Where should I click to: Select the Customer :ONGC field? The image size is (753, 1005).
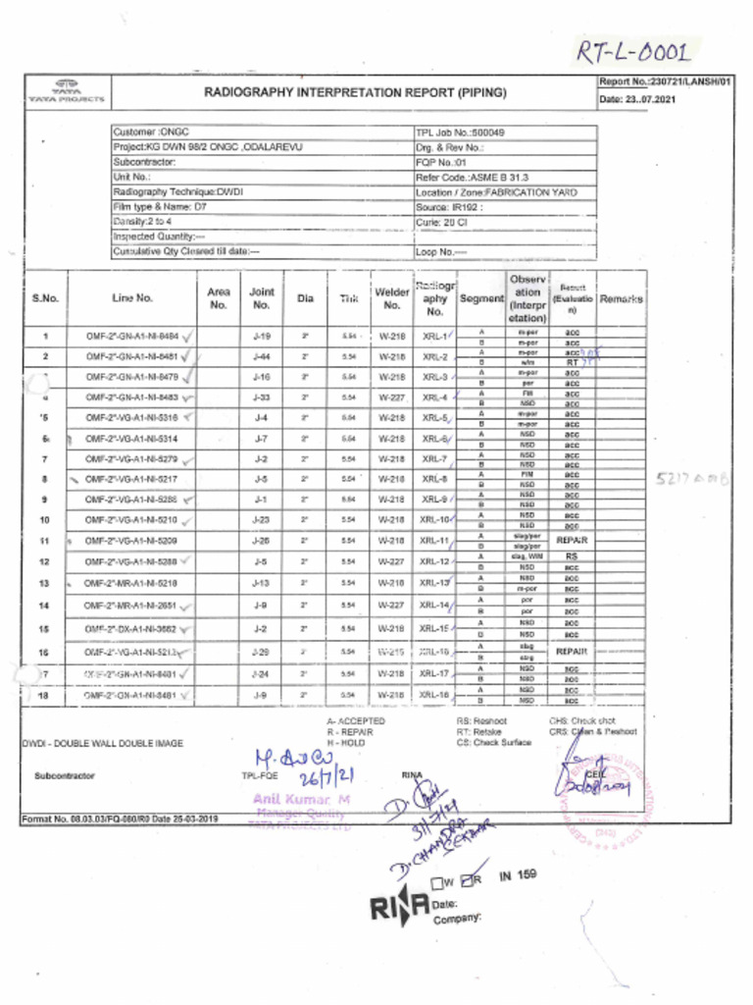152,132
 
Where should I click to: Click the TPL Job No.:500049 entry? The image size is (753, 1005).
460,132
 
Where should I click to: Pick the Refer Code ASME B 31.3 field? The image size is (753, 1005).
472,178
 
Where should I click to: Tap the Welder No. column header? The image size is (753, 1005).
391,297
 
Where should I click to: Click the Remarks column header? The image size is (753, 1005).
621,298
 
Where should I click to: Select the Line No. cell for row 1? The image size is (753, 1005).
131,337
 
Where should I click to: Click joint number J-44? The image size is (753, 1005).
261,356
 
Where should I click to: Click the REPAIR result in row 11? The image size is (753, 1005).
572,540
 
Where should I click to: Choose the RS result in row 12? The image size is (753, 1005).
572,556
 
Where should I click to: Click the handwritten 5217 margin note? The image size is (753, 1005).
692,480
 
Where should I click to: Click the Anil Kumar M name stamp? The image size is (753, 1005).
295,799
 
